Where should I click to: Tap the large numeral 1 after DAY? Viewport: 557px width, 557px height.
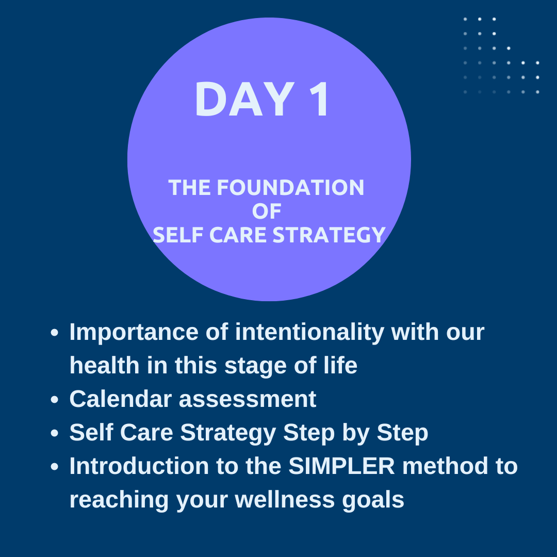tap(320, 99)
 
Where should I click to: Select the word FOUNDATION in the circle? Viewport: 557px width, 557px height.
tap(290, 187)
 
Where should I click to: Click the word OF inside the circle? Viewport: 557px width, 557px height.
tap(267, 211)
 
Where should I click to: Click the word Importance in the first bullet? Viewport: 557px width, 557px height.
tap(134, 333)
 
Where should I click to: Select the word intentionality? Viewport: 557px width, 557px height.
tap(309, 333)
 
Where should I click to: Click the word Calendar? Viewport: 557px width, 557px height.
tap(121, 399)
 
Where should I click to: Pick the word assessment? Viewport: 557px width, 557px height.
tap(248, 399)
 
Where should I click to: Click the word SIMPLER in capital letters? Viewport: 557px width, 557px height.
tap(341, 466)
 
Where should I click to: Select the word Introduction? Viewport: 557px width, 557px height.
tap(139, 466)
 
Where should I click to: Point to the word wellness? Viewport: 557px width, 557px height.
tap(285, 499)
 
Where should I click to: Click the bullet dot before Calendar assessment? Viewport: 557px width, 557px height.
tap(54, 400)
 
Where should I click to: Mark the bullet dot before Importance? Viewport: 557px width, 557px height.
tap(54, 333)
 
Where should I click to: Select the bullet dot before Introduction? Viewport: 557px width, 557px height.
tap(54, 466)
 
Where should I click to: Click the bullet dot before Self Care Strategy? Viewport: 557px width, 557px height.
tap(54, 433)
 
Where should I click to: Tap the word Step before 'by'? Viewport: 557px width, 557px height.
tap(308, 433)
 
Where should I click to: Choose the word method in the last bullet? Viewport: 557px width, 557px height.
tap(445, 466)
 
